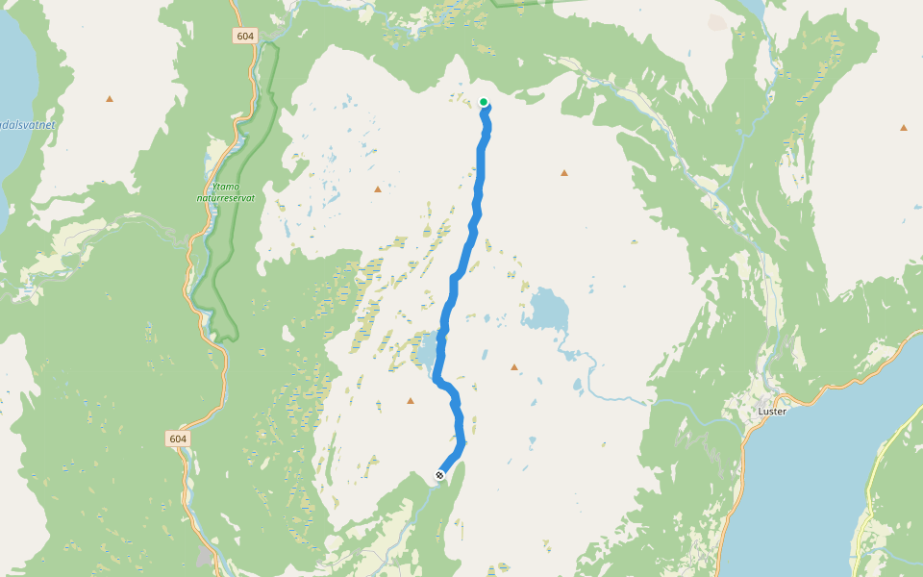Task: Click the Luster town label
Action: (772, 412)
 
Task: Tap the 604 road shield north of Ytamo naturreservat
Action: (245, 36)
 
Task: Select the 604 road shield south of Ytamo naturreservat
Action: (177, 439)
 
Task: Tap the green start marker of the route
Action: (484, 102)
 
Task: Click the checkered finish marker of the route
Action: (439, 474)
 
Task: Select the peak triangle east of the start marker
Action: (564, 173)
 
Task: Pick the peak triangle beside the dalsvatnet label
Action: (110, 98)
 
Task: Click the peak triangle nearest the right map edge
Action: (904, 127)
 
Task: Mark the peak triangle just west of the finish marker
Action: (411, 401)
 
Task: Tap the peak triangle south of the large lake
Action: (514, 367)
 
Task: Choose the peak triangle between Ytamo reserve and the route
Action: (378, 188)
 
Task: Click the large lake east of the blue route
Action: (546, 310)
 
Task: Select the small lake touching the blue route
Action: (426, 350)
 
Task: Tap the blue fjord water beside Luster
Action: (827, 452)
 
